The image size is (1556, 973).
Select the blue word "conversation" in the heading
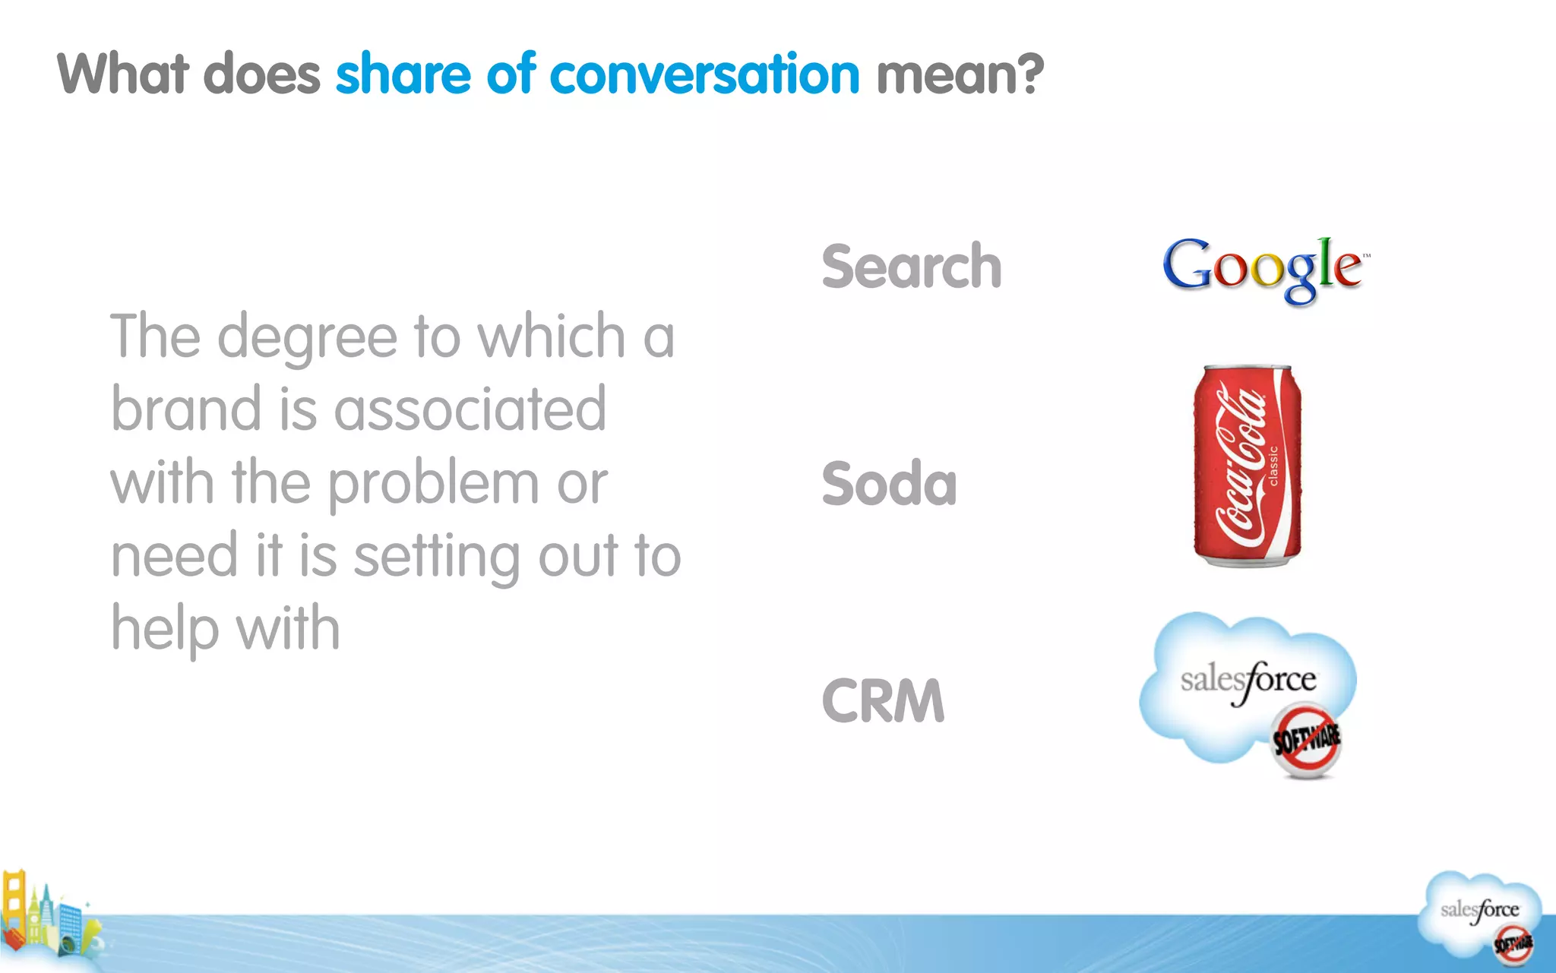click(x=704, y=74)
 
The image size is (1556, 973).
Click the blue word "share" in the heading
click(x=403, y=74)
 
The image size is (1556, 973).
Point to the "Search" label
click(x=912, y=267)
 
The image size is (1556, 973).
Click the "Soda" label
click(x=889, y=484)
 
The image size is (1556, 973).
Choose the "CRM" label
click(x=883, y=700)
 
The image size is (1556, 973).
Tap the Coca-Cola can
click(x=1247, y=466)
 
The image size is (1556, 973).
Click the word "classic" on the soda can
click(x=1274, y=465)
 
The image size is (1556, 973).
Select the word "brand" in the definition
click(x=185, y=409)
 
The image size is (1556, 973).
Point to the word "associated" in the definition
click(x=470, y=409)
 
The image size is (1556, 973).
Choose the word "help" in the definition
click(x=164, y=630)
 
